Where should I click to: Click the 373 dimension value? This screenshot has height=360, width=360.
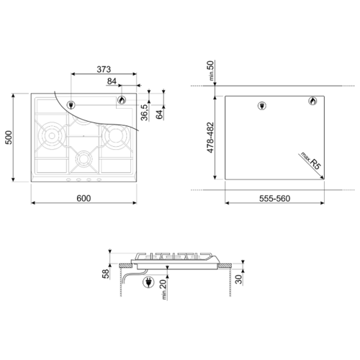click(x=104, y=69)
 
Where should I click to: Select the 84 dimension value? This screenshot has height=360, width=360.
click(x=112, y=81)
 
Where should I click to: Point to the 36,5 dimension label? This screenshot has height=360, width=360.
click(x=145, y=112)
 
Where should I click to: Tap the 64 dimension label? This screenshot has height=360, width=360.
click(x=160, y=114)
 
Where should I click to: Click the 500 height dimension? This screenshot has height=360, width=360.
click(x=9, y=138)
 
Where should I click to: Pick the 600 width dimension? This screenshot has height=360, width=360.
click(x=84, y=198)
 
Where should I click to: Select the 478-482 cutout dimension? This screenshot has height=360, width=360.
click(x=210, y=138)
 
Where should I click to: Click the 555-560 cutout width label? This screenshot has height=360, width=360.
click(x=274, y=199)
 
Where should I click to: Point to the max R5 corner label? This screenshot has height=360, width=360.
click(x=311, y=161)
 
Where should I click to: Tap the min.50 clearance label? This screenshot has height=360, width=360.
click(x=210, y=71)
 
